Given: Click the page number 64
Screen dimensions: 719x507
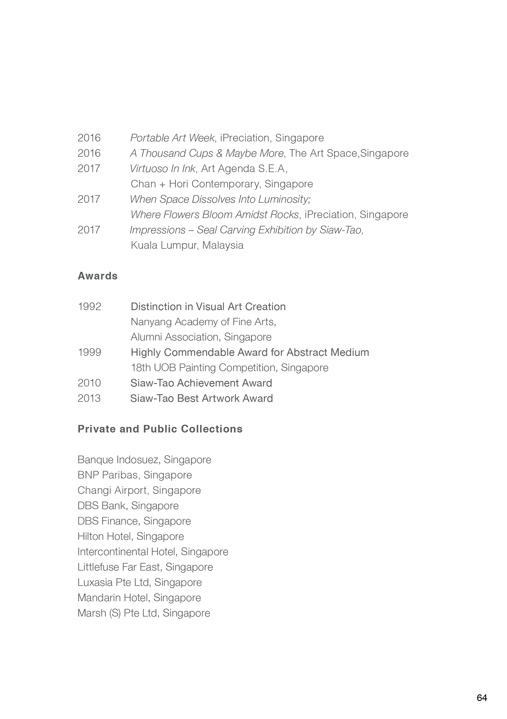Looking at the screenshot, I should pos(481,698).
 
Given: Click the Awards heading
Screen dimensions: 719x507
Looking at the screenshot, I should pos(97,276).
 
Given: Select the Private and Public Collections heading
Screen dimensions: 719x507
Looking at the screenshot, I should pos(160,429).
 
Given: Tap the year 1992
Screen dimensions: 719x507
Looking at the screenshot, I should pos(89,306).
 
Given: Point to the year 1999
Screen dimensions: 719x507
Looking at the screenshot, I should pos(89,352).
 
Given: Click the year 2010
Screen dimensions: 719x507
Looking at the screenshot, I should pos(89,383).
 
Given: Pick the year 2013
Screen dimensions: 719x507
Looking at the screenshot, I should pos(89,398).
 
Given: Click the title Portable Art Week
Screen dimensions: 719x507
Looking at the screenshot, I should pos(172,138).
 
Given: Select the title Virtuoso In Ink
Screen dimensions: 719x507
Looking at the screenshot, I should pos(163,168).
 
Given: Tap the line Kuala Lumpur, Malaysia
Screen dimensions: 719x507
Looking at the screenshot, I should pos(187,245).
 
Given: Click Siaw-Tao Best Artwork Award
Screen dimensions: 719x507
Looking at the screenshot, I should pos(202,398).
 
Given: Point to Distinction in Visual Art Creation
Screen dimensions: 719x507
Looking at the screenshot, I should pos(208,306).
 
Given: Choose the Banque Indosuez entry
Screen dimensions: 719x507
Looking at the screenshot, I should pos(144,460).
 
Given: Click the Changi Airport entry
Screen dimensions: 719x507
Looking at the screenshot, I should pos(139,490).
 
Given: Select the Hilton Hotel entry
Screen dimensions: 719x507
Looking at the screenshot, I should pos(131,536).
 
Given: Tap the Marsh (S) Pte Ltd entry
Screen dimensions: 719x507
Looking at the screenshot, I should pos(144,613).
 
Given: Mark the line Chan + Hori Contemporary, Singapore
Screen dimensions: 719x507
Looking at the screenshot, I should pos(222,184).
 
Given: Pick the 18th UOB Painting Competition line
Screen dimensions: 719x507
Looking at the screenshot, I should pos(229,368).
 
